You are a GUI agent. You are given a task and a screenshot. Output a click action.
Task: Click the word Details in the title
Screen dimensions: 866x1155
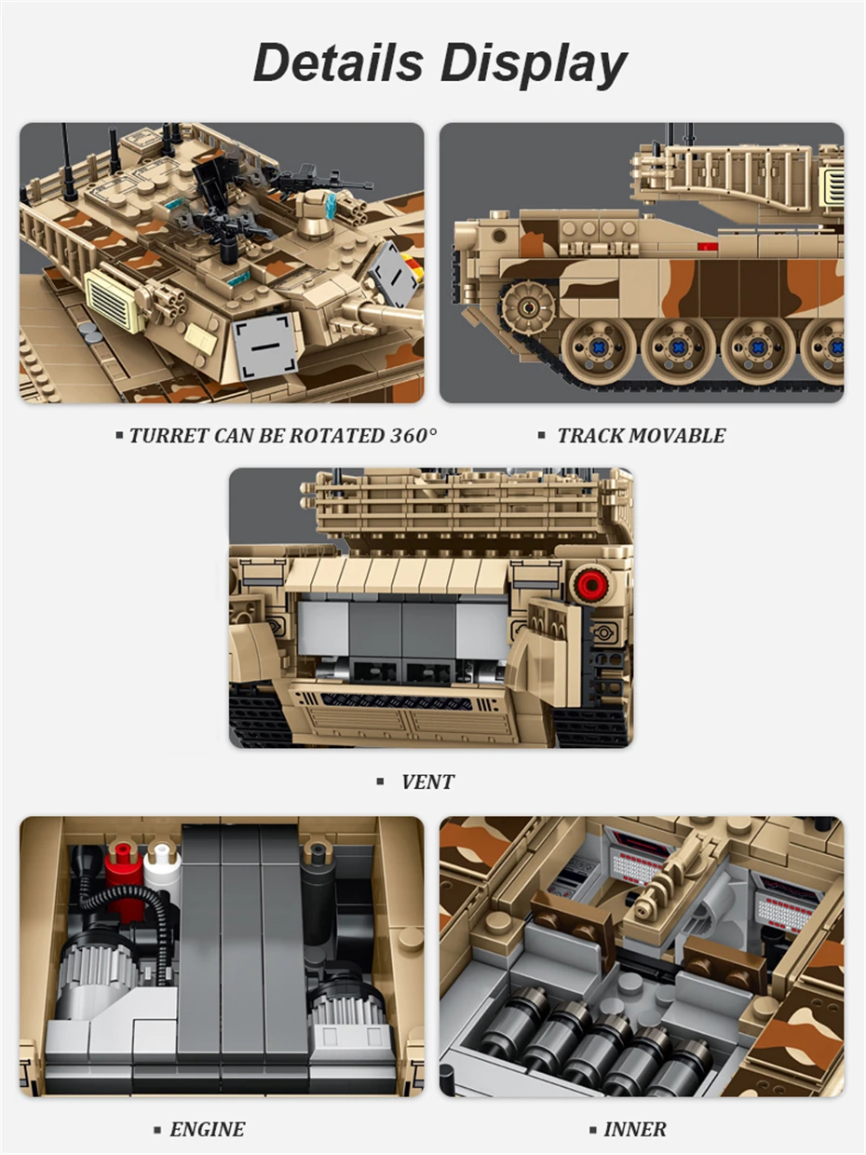[x=339, y=62]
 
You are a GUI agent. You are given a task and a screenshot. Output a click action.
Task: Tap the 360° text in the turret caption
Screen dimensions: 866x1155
[x=413, y=436]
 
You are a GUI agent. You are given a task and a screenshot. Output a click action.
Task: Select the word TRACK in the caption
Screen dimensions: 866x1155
[x=589, y=436]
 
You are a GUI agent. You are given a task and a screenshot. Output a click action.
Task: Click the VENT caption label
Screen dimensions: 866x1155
[x=427, y=781]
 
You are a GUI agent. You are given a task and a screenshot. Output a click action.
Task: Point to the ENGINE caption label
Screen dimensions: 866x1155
[x=207, y=1129]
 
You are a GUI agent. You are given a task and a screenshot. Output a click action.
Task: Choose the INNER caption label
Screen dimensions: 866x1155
[x=635, y=1129]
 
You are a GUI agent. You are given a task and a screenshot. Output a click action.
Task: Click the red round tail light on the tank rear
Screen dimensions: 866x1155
[x=591, y=583]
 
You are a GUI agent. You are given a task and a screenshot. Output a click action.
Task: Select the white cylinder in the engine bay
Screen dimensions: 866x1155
[x=161, y=868]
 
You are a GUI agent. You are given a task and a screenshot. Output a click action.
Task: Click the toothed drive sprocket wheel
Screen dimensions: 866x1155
[x=527, y=306]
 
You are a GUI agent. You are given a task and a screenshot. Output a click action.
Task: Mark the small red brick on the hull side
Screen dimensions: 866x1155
[x=707, y=247]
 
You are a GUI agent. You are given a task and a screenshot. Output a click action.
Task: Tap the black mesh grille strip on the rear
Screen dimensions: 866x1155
[x=398, y=700]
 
